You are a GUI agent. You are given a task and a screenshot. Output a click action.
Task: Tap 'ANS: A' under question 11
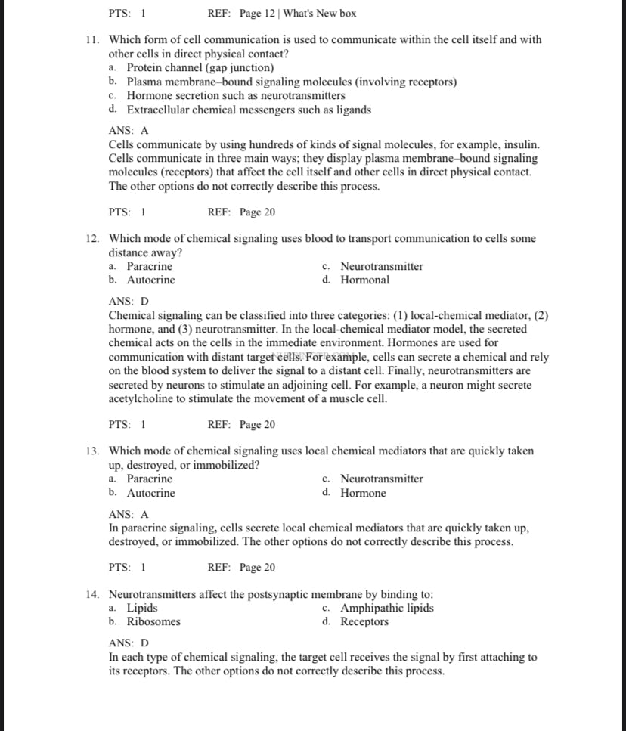(129, 130)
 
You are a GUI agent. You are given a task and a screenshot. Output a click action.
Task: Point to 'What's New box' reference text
(319, 14)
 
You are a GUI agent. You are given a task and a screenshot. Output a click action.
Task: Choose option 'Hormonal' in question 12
(364, 280)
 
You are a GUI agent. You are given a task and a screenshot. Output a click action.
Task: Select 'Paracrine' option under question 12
(149, 266)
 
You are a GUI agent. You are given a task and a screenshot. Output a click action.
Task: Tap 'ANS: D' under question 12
(129, 301)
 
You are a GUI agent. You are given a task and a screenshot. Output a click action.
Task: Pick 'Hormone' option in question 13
(363, 493)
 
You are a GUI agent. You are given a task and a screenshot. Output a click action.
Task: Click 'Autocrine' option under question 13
(150, 493)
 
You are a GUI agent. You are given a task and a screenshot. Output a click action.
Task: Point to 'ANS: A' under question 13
(129, 514)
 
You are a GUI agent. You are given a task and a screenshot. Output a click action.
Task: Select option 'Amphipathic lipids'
(386, 608)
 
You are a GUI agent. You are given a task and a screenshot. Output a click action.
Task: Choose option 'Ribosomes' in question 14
(153, 621)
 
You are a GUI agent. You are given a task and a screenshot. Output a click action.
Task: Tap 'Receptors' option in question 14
(364, 621)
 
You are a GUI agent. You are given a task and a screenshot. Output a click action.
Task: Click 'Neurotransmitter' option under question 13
(381, 479)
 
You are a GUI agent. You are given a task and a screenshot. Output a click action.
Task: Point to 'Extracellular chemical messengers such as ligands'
(248, 110)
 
